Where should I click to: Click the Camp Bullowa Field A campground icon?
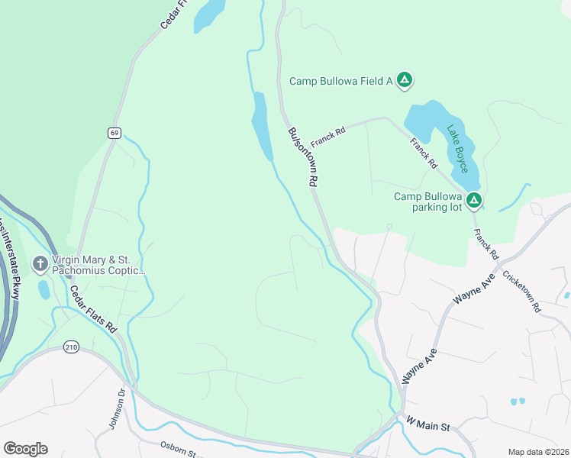coord(405,80)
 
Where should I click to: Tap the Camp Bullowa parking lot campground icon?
coord(474,201)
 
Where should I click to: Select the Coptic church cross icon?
coord(40,264)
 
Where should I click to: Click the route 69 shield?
coord(114,133)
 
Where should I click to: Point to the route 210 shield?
coord(72,347)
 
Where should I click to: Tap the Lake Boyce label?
coord(457,148)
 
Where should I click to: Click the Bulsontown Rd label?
coord(302,156)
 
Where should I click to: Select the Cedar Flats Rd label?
coord(93,309)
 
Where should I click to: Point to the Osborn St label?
coord(179,450)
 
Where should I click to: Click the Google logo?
coord(25,449)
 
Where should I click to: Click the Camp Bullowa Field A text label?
coord(340,81)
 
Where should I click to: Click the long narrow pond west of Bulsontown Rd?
coord(262,126)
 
